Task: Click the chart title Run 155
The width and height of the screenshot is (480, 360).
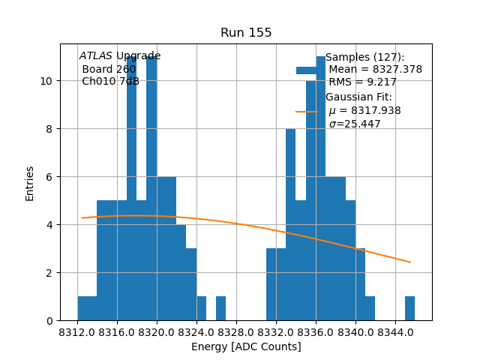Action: [x=246, y=33]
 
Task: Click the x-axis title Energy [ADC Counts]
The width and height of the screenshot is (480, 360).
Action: [x=246, y=346]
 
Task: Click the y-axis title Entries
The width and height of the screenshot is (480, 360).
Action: [x=30, y=183]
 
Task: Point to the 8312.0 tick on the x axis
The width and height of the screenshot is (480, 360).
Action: [x=78, y=331]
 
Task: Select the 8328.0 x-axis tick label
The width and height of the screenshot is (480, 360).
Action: [x=236, y=331]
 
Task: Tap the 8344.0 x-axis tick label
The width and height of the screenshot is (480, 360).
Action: [x=394, y=331]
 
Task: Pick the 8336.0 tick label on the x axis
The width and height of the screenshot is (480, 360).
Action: [x=316, y=331]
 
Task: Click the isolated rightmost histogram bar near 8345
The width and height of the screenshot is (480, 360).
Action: [x=409, y=308]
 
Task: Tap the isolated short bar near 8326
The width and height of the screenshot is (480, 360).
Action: [x=220, y=308]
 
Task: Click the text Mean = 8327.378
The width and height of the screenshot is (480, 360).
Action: [x=375, y=70]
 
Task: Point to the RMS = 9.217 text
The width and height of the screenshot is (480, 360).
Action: [x=362, y=82]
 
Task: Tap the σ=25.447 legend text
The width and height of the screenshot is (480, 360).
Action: [x=354, y=124]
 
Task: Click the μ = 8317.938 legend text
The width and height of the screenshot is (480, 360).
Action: [x=364, y=111]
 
